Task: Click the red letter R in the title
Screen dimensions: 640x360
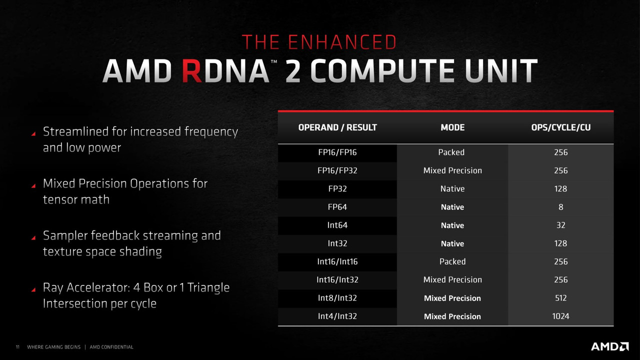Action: point(192,71)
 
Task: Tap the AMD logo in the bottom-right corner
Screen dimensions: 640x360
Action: point(609,346)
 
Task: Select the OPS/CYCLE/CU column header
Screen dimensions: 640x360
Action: point(561,127)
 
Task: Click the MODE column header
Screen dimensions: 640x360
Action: point(452,127)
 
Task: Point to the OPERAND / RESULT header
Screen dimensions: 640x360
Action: point(337,127)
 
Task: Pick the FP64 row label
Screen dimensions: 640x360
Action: point(337,207)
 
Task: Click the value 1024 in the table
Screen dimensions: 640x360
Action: point(560,316)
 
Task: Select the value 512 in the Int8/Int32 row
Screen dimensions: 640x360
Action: point(561,298)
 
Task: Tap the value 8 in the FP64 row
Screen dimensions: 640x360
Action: point(561,207)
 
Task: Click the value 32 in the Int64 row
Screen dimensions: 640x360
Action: point(561,225)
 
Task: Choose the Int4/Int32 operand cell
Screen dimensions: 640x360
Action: point(337,316)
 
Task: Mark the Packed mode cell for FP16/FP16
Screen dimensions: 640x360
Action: point(451,152)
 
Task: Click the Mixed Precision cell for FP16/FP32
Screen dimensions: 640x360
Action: point(452,170)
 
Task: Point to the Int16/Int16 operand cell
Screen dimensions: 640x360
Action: point(337,261)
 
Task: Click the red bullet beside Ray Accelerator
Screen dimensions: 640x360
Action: point(33,289)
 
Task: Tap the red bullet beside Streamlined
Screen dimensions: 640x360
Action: point(33,133)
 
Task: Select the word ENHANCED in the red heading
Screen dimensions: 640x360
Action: point(342,42)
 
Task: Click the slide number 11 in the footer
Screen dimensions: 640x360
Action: point(17,347)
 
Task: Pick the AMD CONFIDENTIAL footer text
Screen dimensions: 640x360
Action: point(111,347)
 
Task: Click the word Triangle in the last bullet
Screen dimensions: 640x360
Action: point(208,287)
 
